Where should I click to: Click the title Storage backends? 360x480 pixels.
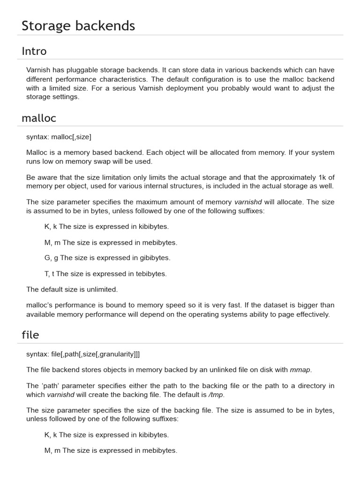tap(78, 26)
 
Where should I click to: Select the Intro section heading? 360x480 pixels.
tap(34, 51)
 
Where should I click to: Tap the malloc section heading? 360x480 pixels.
tap(39, 118)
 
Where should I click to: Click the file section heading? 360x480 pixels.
tap(30, 335)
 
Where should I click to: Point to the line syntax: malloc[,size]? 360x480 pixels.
tap(59, 137)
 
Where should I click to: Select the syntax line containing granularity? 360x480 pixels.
tap(83, 354)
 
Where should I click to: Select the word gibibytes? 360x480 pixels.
tap(155, 258)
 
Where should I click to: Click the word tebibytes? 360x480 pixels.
tap(150, 274)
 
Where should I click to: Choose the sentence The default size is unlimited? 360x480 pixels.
tap(72, 289)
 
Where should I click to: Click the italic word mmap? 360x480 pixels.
tap(300, 370)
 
